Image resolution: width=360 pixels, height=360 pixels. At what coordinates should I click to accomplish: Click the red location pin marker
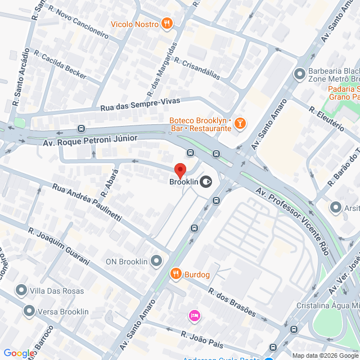click(180, 170)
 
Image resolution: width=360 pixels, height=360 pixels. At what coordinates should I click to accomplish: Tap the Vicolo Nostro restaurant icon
click(166, 24)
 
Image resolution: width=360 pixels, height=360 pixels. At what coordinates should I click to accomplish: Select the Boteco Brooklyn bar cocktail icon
click(240, 123)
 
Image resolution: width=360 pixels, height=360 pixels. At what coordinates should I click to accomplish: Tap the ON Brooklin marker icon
click(156, 261)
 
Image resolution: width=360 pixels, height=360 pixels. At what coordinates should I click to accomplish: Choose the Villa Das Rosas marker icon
click(21, 290)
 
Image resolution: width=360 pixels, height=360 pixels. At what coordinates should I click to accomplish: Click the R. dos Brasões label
click(232, 303)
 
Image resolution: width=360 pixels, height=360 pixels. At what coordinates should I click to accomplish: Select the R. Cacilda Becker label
click(60, 65)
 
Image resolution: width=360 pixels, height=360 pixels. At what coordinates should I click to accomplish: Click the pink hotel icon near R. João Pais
click(195, 315)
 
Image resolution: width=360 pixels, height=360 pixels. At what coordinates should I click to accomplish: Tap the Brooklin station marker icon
click(206, 181)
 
